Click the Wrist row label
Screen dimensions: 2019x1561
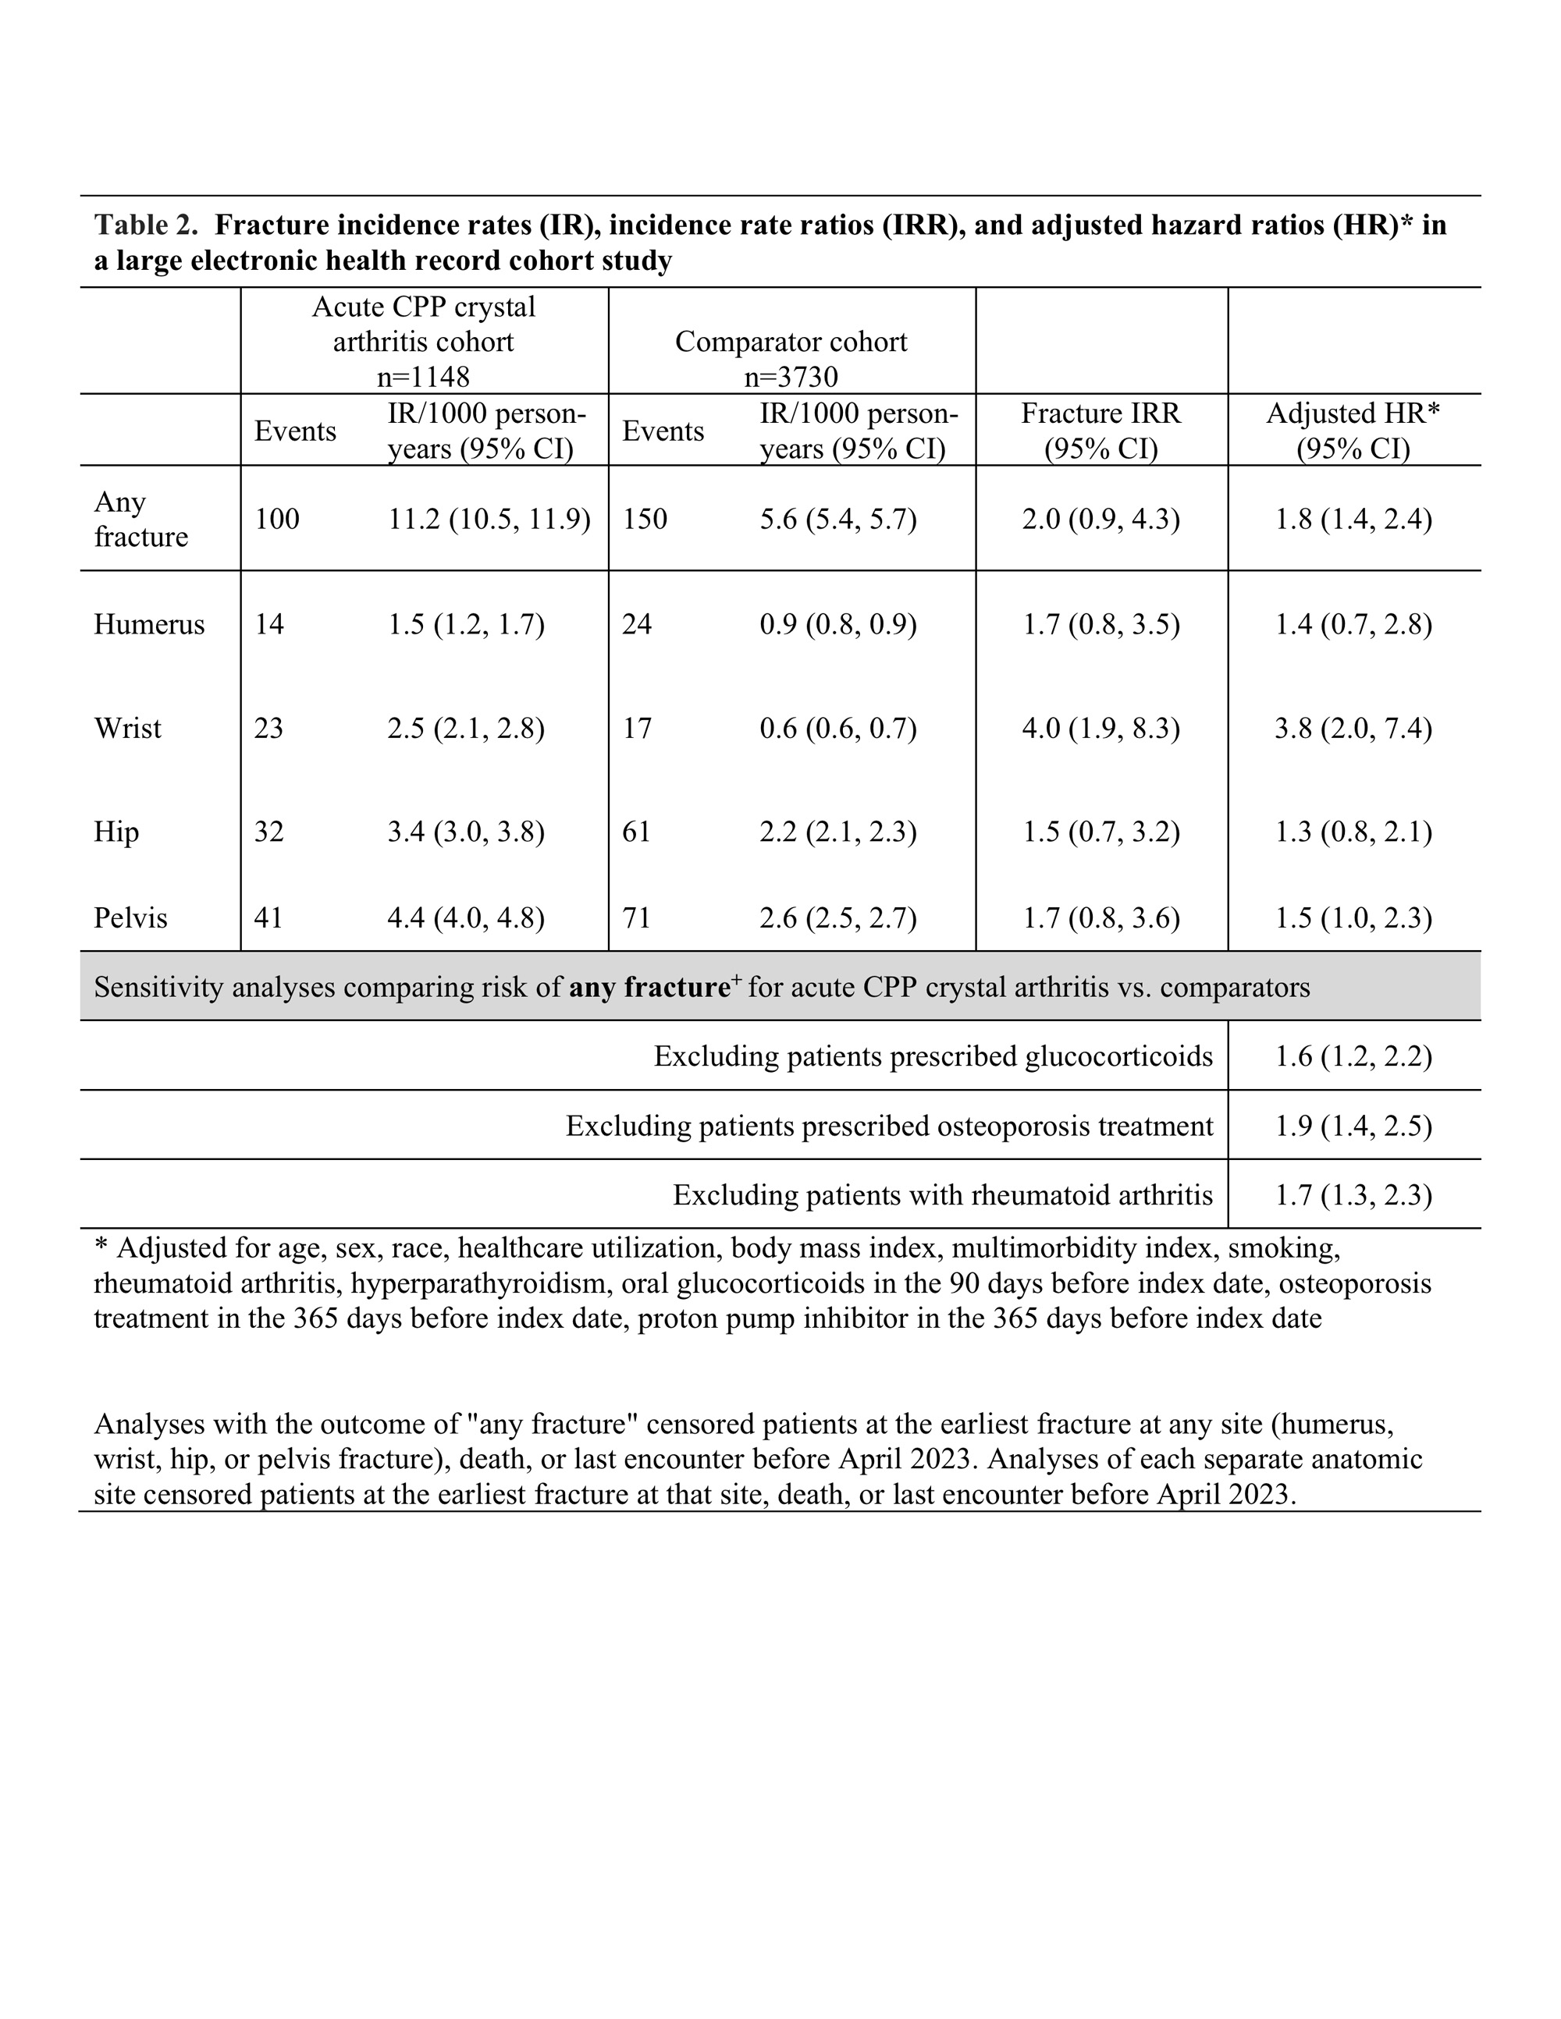click(x=128, y=729)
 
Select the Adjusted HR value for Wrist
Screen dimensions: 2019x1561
click(x=1353, y=729)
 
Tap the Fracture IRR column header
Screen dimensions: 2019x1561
click(x=1101, y=431)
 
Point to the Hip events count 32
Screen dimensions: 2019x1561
click(x=269, y=832)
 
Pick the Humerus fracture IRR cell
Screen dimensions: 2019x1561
click(x=1101, y=625)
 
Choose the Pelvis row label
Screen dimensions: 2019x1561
click(x=130, y=918)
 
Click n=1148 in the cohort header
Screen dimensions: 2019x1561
click(x=424, y=377)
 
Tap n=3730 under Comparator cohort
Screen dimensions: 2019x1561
click(x=791, y=377)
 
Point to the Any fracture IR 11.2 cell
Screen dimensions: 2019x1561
click(x=489, y=519)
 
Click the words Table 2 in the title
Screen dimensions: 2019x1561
click(x=146, y=225)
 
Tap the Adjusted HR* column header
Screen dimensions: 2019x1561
click(x=1353, y=431)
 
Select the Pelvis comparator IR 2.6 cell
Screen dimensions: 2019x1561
click(x=837, y=918)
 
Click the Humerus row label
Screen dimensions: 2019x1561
click(x=149, y=625)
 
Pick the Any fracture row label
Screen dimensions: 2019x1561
click(x=140, y=519)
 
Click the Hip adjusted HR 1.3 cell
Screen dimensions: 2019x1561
click(x=1353, y=832)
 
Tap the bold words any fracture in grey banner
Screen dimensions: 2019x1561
click(x=649, y=988)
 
